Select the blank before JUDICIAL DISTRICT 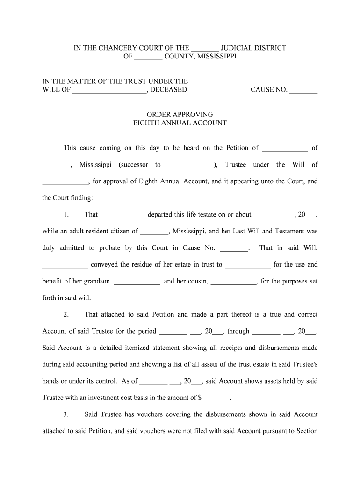click(x=205, y=48)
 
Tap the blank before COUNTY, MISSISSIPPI click(x=148, y=57)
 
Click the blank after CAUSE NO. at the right click(x=303, y=90)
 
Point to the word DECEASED click(x=169, y=89)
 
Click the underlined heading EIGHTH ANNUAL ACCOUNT click(x=180, y=123)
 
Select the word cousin click(x=199, y=281)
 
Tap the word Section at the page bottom click(x=307, y=431)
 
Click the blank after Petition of click(x=285, y=148)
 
